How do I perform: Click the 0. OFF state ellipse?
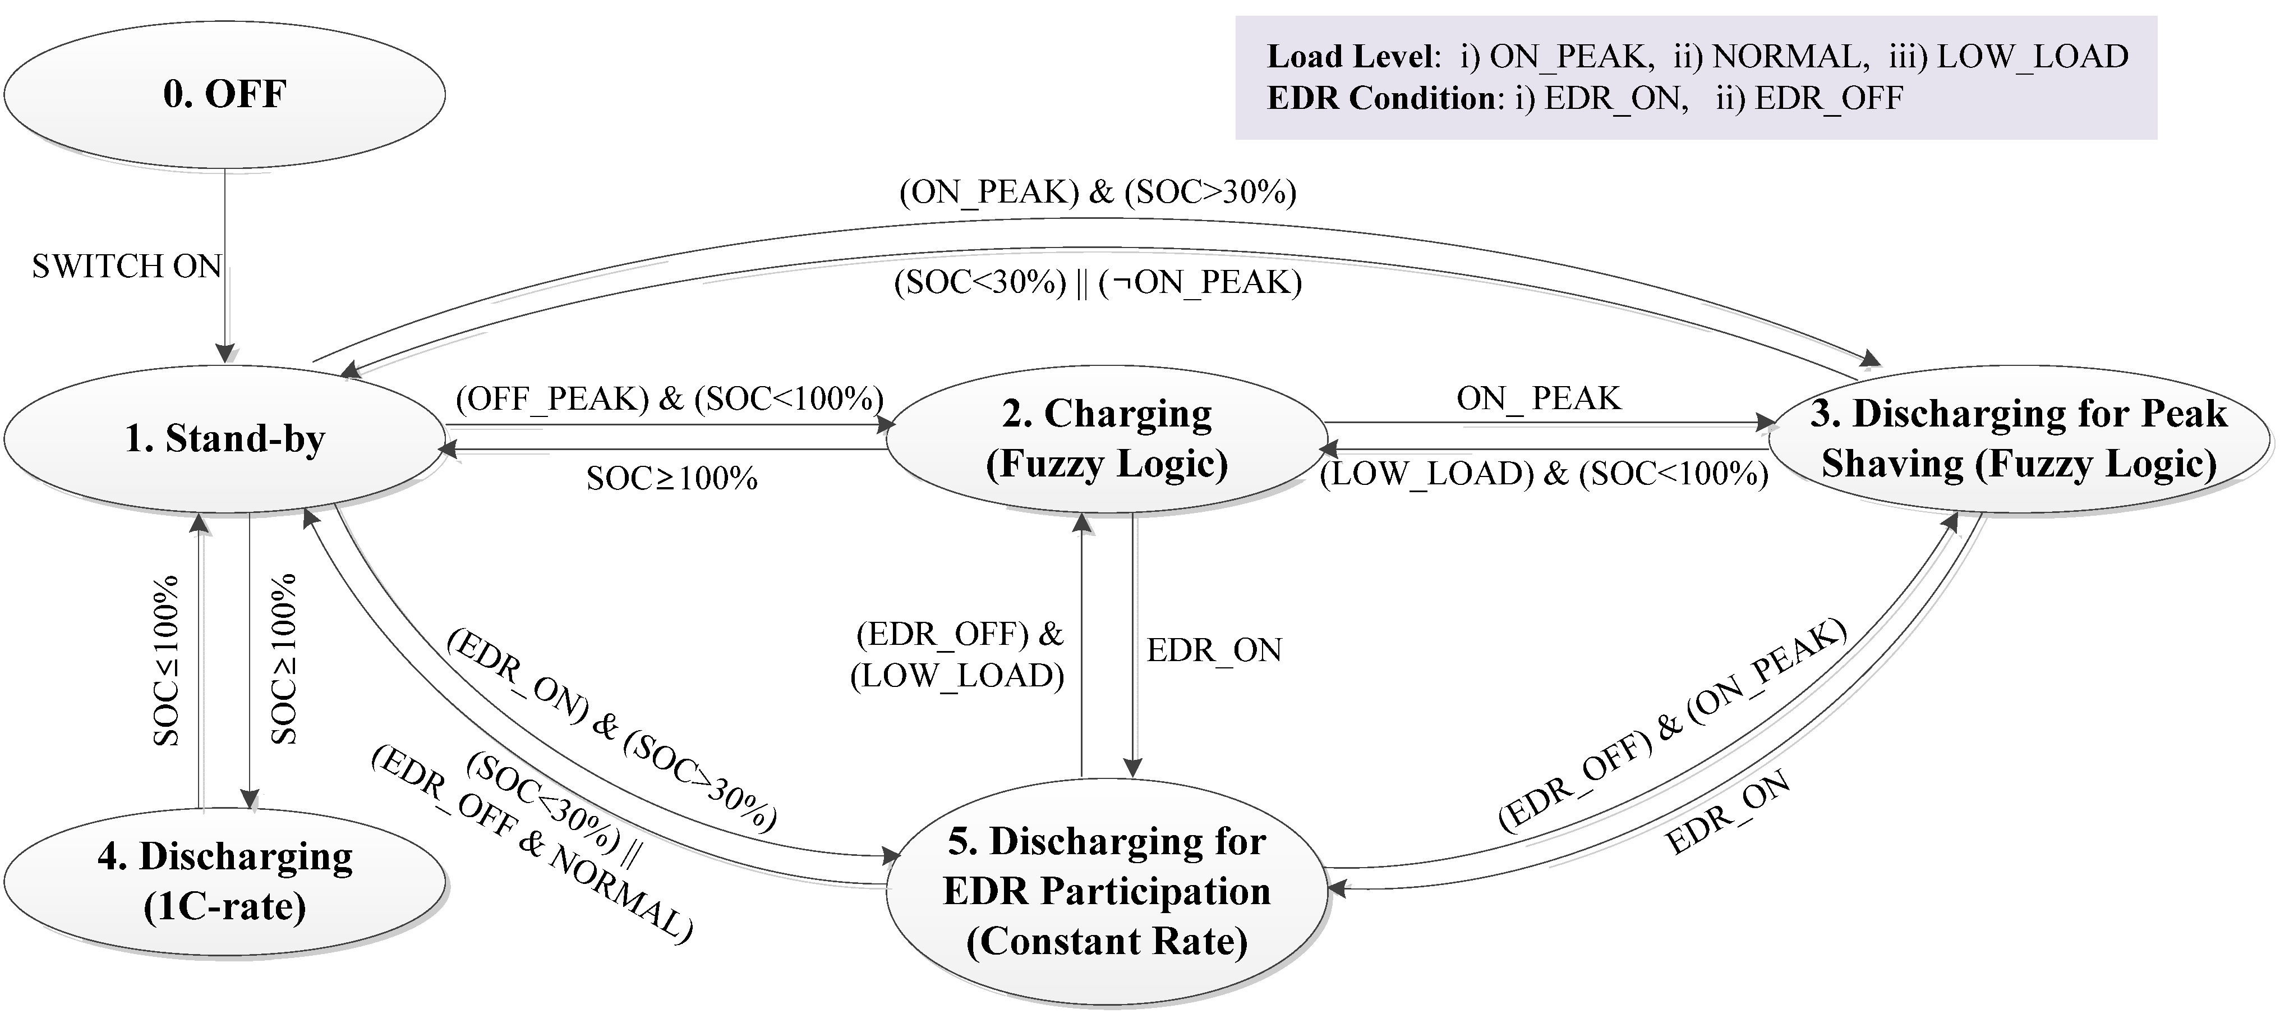[x=224, y=94]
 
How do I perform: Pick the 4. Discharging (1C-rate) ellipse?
[x=224, y=881]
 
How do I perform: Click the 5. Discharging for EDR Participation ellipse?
[x=1107, y=891]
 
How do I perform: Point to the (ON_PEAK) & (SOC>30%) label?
[x=1098, y=192]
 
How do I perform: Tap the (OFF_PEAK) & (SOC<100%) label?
[x=669, y=400]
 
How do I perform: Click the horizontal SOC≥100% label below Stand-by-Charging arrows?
[x=672, y=479]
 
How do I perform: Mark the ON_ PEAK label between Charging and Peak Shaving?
[x=1539, y=400]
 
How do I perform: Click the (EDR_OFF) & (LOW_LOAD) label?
[x=957, y=656]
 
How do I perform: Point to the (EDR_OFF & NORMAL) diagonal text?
[x=531, y=846]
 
